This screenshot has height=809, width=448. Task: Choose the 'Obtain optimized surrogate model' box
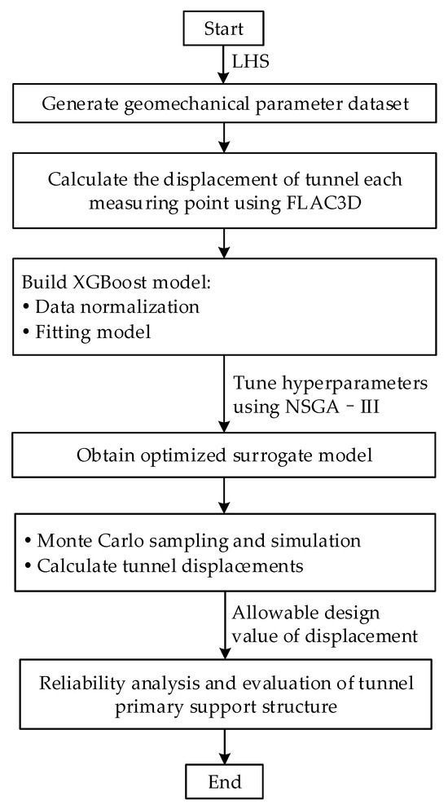223,455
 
